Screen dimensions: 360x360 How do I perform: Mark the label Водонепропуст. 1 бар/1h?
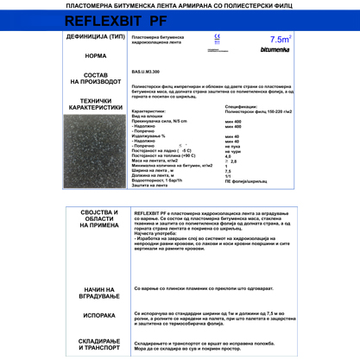160,179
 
